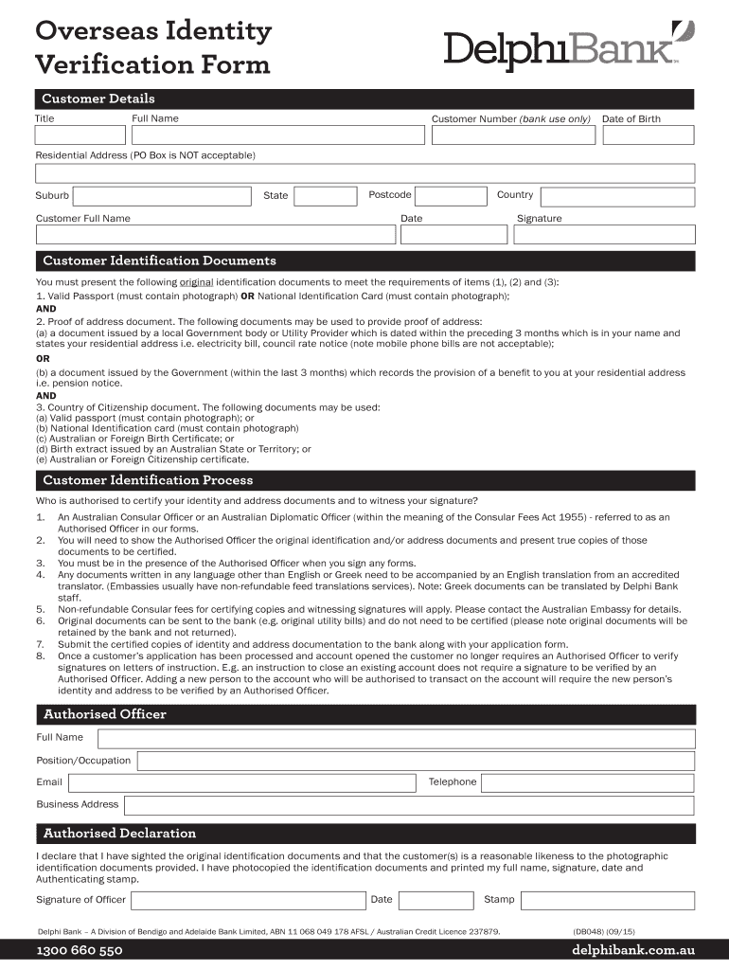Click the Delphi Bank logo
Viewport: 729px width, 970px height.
click(x=562, y=47)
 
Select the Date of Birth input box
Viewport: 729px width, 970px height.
click(x=649, y=135)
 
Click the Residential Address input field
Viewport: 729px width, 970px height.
click(x=364, y=173)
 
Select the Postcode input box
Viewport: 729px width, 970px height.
click(x=451, y=196)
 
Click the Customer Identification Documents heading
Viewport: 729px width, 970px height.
click(x=159, y=260)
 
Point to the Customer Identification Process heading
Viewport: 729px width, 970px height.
click(x=148, y=480)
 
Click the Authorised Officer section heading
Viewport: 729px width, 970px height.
click(x=104, y=714)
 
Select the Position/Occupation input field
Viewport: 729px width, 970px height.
click(x=416, y=761)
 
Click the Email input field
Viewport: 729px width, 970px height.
click(x=242, y=782)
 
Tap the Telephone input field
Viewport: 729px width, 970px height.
click(x=588, y=782)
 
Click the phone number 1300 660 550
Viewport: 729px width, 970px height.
click(x=80, y=951)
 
